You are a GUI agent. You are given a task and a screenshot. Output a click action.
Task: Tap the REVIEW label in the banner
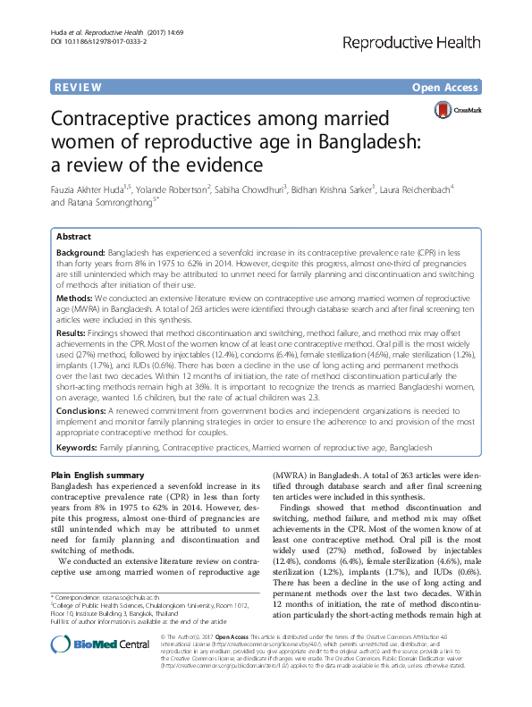point(75,87)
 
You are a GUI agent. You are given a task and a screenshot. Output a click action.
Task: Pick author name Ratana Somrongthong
point(107,203)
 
